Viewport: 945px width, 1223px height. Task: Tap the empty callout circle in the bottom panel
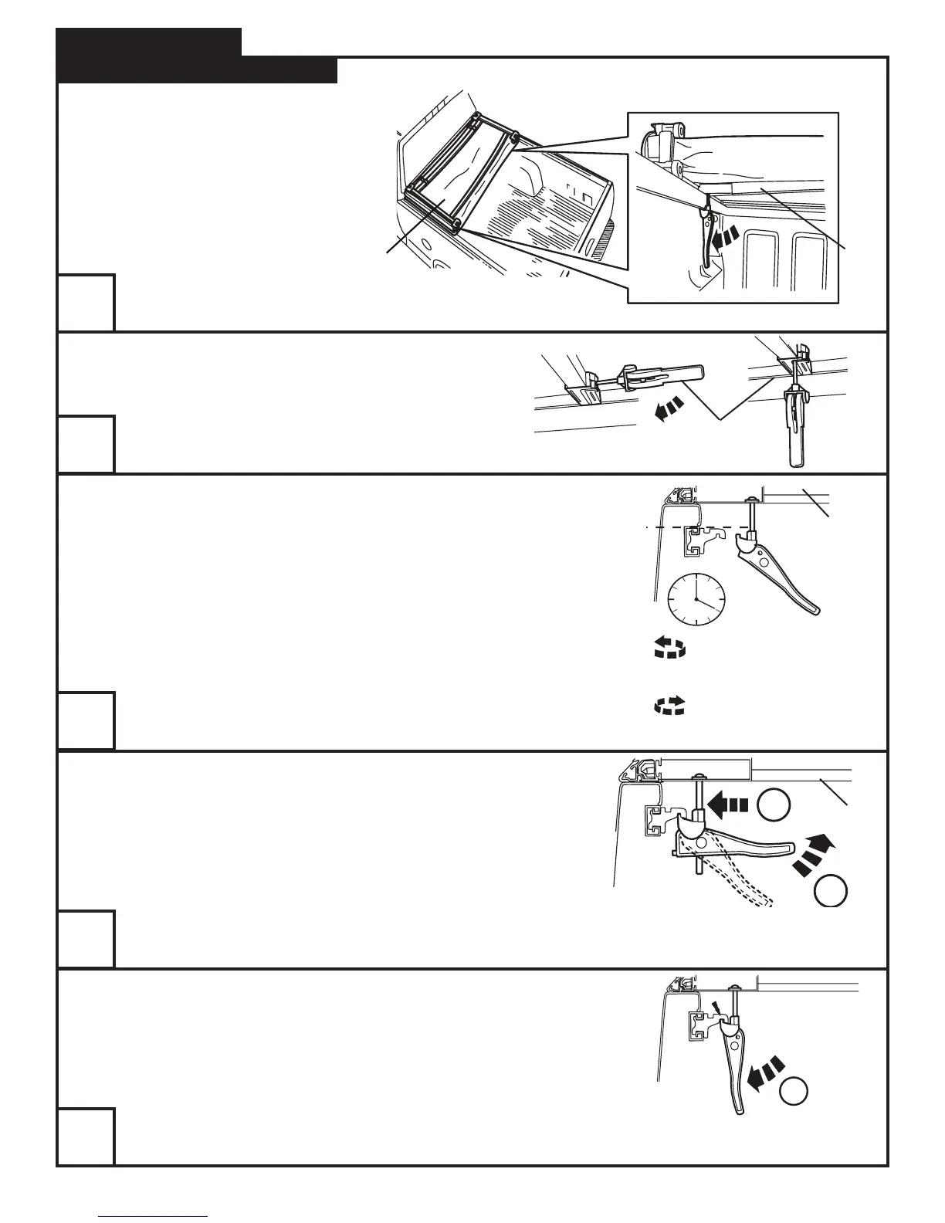[x=794, y=1091]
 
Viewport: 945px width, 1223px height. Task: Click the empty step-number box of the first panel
[x=86, y=303]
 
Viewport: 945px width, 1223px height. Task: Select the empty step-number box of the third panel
[x=86, y=721]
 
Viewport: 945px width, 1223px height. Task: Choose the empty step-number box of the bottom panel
[x=86, y=1137]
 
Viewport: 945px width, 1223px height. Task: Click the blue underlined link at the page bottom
[x=153, y=1216]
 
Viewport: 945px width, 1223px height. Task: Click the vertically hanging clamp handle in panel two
[x=796, y=432]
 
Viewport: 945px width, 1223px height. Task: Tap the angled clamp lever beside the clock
[x=780, y=576]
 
